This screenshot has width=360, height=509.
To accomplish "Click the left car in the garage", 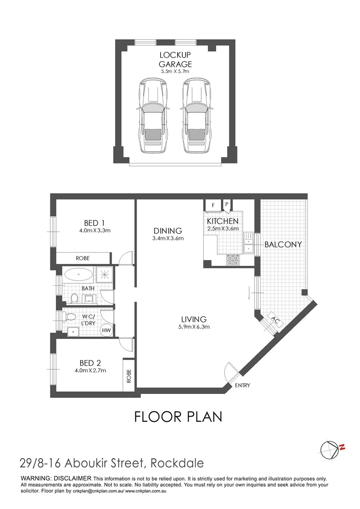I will click(x=152, y=115).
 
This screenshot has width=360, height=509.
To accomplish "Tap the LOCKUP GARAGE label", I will click(x=175, y=60).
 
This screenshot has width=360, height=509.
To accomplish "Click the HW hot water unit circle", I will click(x=107, y=330).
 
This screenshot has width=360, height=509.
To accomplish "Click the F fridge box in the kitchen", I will click(x=213, y=205).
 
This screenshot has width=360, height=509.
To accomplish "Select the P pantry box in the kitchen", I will click(x=227, y=205).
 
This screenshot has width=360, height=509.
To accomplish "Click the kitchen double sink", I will click(x=248, y=245).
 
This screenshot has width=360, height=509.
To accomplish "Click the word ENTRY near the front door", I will click(x=242, y=386).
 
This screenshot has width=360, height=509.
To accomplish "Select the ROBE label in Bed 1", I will click(x=82, y=258).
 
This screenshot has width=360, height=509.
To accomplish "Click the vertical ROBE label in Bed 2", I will click(x=129, y=375).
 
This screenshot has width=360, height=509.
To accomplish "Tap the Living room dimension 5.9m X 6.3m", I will click(x=193, y=327).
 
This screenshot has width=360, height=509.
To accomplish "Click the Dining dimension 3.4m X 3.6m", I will click(x=168, y=238).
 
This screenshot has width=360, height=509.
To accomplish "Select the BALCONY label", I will click(x=283, y=245).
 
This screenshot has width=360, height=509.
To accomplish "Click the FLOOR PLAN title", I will click(x=178, y=417).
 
